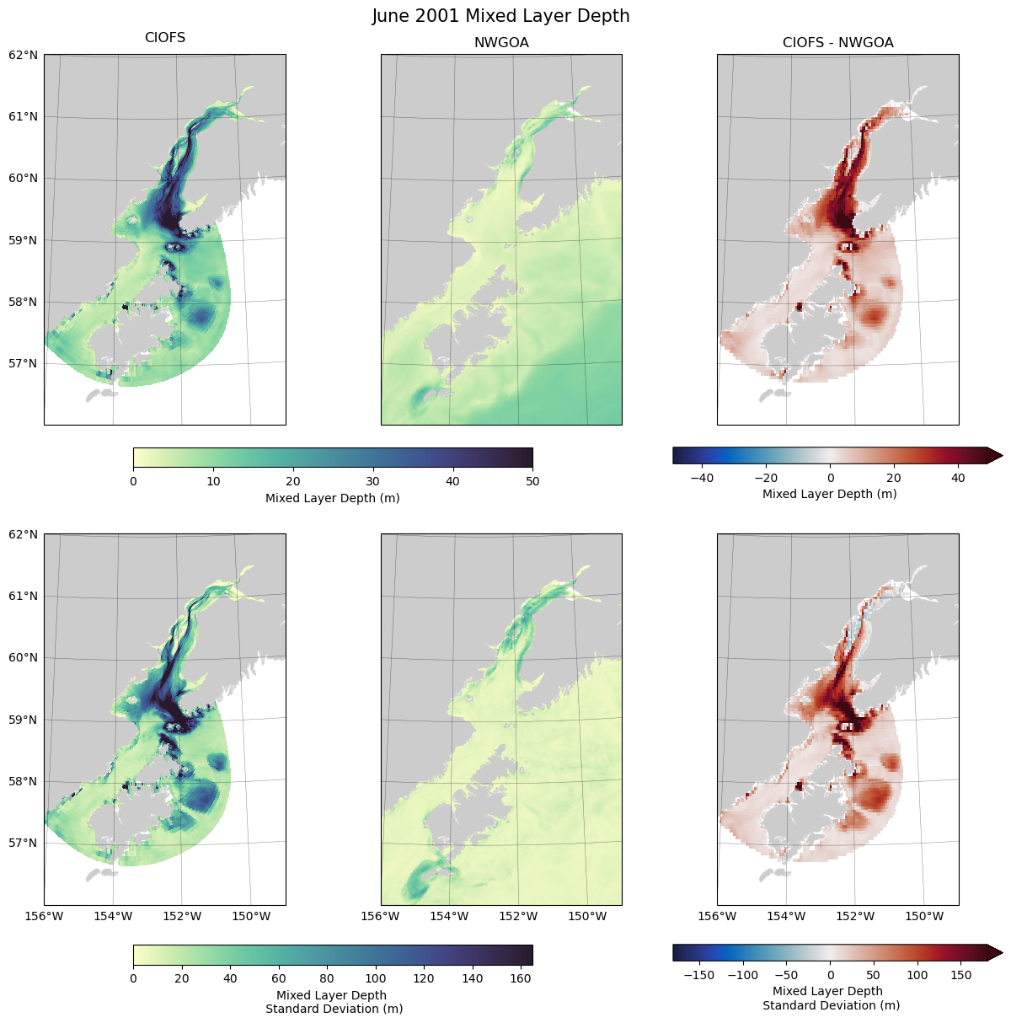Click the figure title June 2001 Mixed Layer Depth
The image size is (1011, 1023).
501,16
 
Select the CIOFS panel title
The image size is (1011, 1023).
165,38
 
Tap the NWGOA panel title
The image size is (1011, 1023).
501,42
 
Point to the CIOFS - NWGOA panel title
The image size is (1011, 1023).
837,42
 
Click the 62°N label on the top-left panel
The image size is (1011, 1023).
24,55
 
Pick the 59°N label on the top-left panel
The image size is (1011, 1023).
24,240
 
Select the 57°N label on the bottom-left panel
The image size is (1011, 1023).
24,843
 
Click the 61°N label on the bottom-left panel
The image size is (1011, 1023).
24,596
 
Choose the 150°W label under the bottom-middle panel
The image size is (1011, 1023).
587,916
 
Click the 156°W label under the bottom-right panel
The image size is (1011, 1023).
718,916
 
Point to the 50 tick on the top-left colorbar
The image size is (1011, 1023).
532,481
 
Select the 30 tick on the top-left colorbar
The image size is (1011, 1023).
373,481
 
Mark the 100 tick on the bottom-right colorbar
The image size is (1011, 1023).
917,975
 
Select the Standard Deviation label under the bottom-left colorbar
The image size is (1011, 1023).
334,1009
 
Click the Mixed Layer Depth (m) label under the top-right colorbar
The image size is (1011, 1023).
829,494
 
